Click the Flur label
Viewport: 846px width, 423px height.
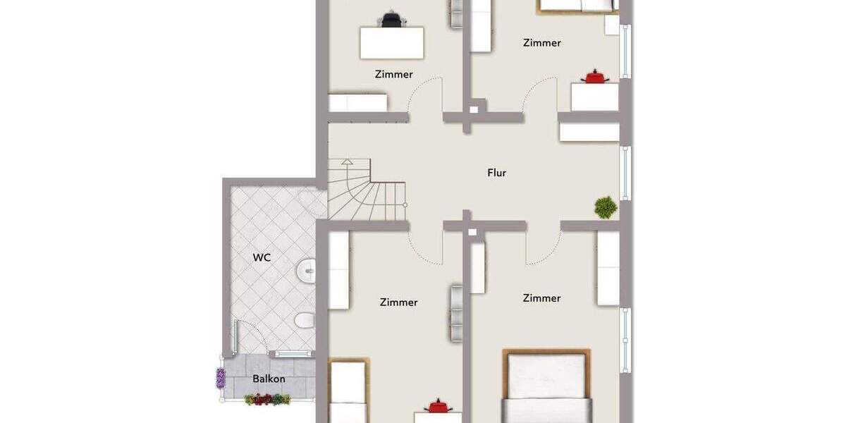point(496,173)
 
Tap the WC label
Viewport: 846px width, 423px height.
point(262,257)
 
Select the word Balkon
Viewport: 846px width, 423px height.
point(269,379)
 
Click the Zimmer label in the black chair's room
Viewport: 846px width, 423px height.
point(393,74)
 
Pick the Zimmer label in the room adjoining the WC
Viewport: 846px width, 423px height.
point(398,302)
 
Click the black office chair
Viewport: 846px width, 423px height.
point(392,20)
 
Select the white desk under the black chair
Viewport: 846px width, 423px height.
point(392,43)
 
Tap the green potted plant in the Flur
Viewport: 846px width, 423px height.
point(605,207)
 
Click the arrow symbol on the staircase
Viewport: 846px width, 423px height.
point(346,162)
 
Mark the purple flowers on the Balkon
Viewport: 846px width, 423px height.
point(221,378)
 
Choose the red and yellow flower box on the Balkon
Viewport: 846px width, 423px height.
point(267,400)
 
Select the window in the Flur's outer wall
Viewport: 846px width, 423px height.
point(625,173)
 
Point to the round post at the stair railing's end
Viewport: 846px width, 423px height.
point(405,204)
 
